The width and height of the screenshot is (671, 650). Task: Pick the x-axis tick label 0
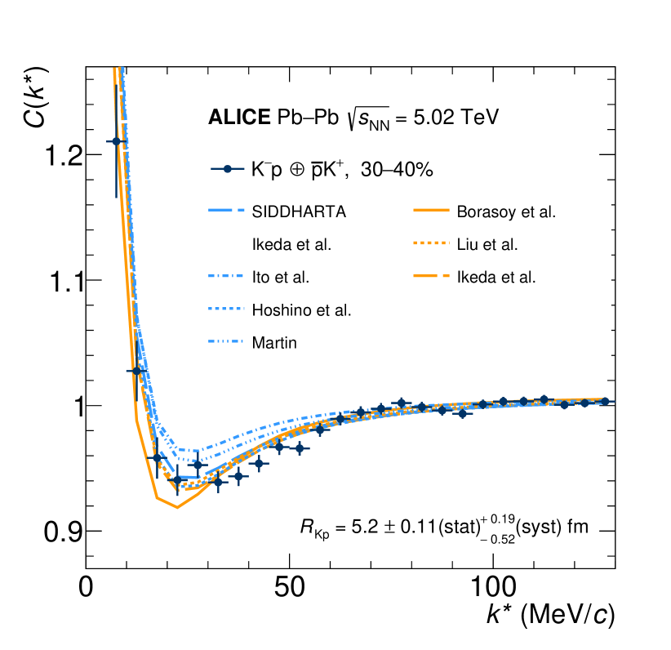click(86, 590)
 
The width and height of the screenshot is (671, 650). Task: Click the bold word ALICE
click(238, 118)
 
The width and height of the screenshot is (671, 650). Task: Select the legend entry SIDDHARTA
click(299, 212)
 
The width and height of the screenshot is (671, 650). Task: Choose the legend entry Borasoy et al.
click(506, 212)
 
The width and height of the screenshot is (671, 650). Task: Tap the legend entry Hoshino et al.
click(301, 310)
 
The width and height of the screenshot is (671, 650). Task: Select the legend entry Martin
click(273, 343)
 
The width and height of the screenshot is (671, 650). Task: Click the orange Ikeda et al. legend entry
click(496, 278)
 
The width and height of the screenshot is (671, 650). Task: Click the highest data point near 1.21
click(116, 141)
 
